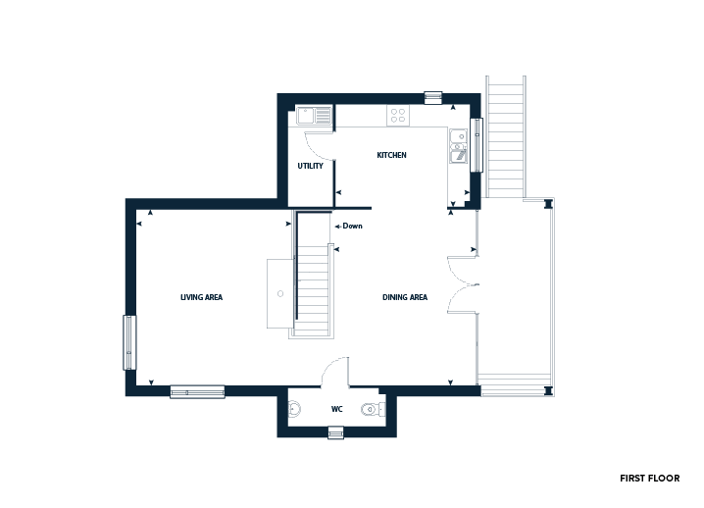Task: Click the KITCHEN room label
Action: click(x=391, y=155)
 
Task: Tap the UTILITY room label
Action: click(x=310, y=166)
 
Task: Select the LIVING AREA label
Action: click(x=201, y=297)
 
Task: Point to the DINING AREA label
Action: click(x=405, y=297)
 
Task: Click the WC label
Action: click(x=336, y=409)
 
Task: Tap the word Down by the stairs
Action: click(x=352, y=226)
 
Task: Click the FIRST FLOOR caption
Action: click(x=650, y=479)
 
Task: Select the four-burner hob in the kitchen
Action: click(x=398, y=115)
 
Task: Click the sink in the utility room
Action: click(x=314, y=116)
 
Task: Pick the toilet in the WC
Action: click(x=373, y=409)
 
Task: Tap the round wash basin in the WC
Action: click(x=294, y=409)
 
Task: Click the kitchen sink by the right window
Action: click(x=458, y=145)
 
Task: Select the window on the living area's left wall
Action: click(x=129, y=342)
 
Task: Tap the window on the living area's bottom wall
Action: click(x=197, y=391)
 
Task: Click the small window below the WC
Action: click(x=336, y=433)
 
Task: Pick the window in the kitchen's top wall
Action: click(x=433, y=97)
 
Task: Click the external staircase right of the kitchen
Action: click(x=506, y=137)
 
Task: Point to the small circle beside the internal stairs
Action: click(x=280, y=294)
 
